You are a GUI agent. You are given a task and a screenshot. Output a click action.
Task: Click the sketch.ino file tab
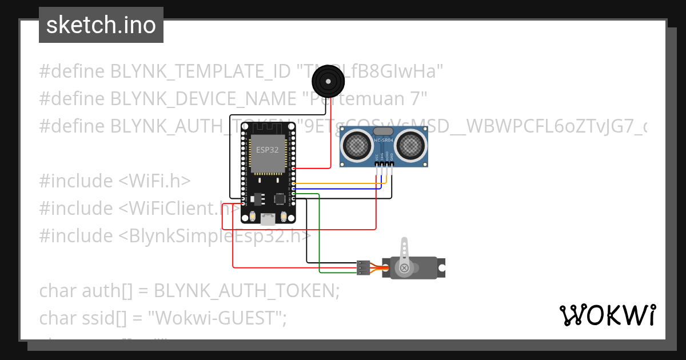tap(101, 26)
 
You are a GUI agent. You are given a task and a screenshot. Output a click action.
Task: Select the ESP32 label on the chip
tap(268, 150)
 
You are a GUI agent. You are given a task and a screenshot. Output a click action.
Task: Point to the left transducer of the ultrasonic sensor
tap(357, 145)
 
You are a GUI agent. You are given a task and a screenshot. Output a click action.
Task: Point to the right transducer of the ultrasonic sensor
tap(411, 145)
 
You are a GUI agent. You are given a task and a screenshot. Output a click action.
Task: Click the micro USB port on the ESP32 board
tap(267, 218)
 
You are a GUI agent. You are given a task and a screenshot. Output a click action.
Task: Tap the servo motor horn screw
tap(405, 267)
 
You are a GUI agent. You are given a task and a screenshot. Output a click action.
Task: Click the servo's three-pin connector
tap(362, 267)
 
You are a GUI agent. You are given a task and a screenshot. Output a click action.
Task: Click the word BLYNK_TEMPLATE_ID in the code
tap(200, 71)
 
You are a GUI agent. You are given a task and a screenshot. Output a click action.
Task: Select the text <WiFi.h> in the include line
tap(154, 181)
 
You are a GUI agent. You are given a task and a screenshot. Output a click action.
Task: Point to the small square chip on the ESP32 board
tap(280, 199)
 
